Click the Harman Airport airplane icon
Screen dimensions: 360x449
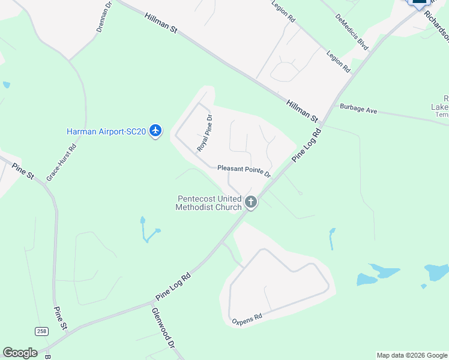[156, 130]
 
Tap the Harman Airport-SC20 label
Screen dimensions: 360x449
[106, 131]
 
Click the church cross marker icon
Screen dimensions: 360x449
[251, 203]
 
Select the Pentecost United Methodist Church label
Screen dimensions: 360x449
[208, 203]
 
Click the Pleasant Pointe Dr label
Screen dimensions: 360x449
[244, 171]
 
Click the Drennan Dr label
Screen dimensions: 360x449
[104, 16]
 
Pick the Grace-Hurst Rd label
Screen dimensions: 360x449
[62, 163]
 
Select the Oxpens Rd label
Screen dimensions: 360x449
[247, 318]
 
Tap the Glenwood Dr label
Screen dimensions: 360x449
[163, 328]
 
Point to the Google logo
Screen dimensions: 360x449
[20, 352]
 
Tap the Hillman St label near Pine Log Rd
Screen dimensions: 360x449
[301, 107]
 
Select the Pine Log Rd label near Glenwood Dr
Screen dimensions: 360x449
[173, 287]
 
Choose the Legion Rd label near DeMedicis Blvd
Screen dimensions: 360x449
[338, 62]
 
